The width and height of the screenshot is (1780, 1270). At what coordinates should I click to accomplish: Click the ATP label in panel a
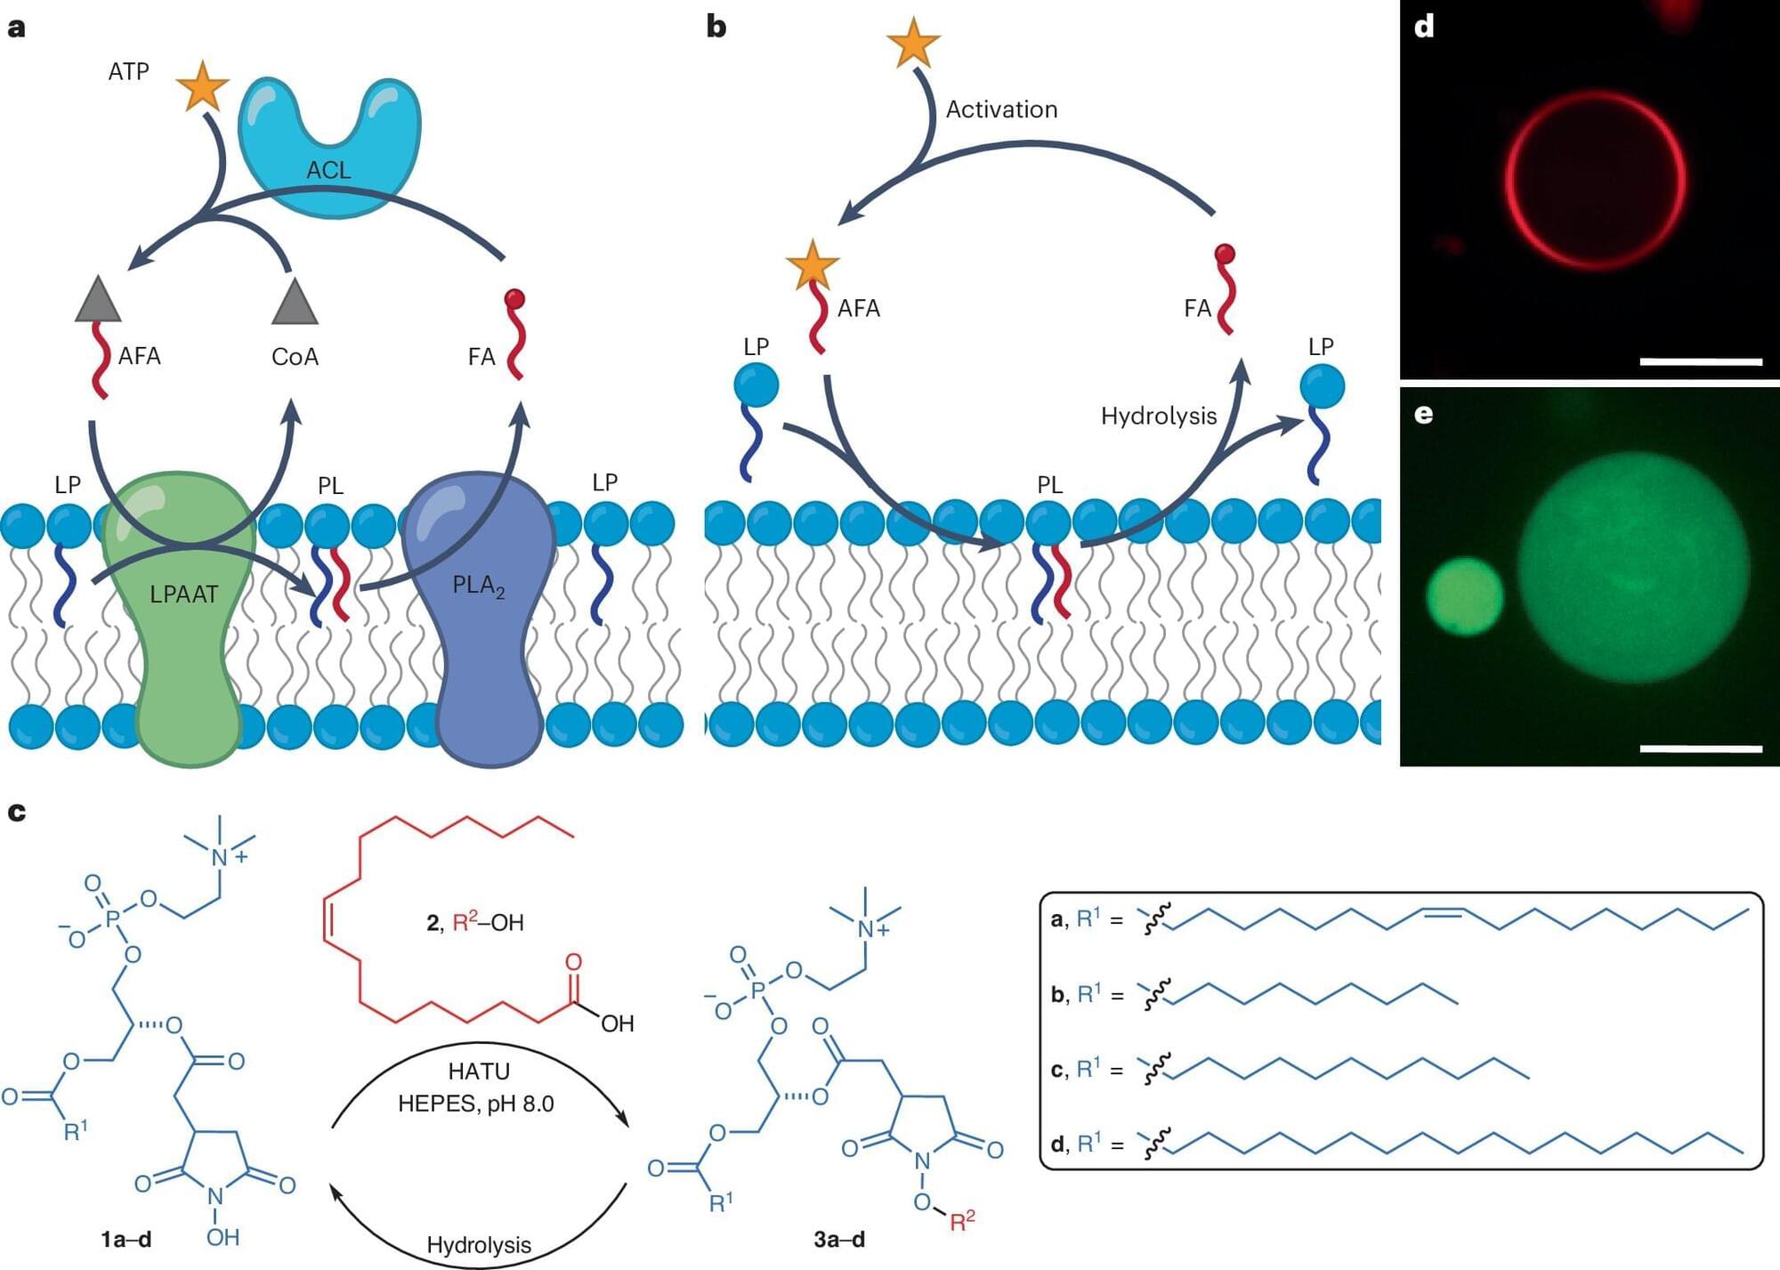129,71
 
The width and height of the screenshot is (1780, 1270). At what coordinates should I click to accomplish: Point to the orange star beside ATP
203,87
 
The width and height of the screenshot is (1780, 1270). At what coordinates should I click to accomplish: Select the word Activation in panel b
1001,109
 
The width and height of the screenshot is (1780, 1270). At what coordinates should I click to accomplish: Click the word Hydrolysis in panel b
1158,416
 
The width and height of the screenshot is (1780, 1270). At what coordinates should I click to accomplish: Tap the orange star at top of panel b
913,43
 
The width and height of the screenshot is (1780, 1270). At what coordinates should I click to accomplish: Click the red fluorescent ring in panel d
1508,178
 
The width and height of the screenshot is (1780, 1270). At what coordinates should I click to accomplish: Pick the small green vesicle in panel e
1465,596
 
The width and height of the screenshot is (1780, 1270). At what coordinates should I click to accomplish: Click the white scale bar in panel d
1700,361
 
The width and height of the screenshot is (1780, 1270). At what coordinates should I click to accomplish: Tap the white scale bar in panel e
1700,748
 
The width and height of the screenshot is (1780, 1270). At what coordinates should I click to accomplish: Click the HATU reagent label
479,1072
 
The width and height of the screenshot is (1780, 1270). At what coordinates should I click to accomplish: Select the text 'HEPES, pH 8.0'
475,1104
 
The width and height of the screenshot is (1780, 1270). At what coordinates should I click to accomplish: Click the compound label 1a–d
125,1239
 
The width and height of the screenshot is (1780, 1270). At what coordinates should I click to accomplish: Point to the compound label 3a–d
838,1239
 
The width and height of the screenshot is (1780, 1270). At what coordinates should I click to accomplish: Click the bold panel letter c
16,812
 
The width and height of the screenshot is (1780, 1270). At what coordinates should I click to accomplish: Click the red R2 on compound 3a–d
962,1220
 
